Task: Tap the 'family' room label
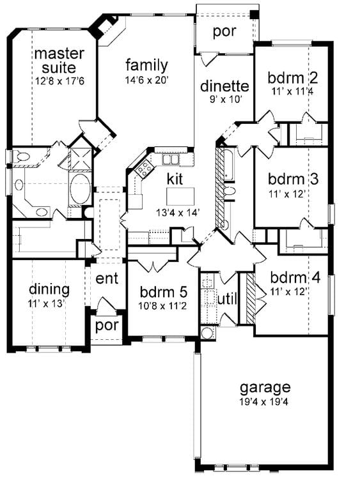coord(146,65)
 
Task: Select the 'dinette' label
coord(224,86)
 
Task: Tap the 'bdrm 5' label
coord(164,292)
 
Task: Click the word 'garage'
coord(265,387)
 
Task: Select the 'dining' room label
coord(49,288)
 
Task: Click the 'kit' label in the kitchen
coord(176,177)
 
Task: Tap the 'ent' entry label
coord(106,279)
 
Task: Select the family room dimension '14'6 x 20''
coord(146,80)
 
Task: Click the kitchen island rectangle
coord(180,195)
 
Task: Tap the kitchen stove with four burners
coord(144,168)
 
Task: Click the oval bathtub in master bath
coord(80,190)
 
